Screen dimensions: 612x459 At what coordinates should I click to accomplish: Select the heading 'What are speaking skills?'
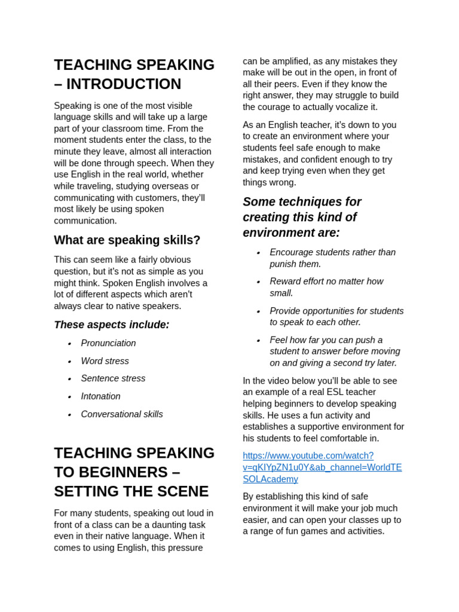[127, 240]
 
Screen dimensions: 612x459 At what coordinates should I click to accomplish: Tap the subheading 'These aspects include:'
[111, 325]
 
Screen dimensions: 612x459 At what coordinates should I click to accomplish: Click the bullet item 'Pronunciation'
[108, 344]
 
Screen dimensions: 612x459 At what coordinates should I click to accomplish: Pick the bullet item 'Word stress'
[105, 362]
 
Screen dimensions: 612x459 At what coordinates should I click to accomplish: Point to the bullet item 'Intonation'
[100, 397]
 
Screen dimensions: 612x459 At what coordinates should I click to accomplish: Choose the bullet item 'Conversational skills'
[121, 415]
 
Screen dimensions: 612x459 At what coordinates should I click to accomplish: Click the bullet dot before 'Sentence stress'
[69, 380]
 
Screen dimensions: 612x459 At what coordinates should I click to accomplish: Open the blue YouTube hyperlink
[322, 467]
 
